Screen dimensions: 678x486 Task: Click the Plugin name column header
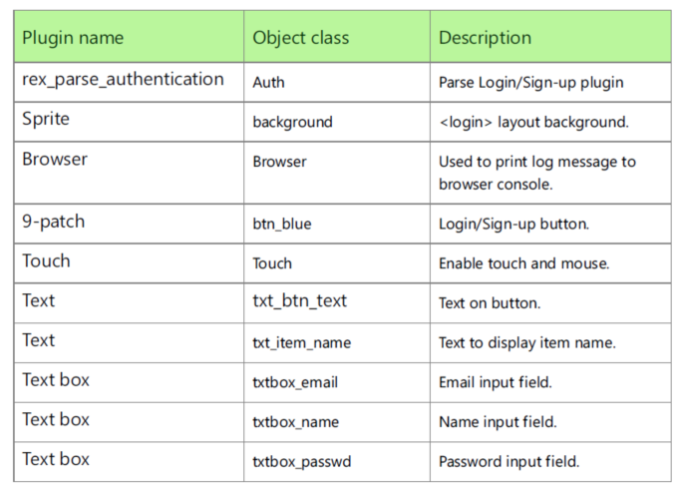tap(73, 38)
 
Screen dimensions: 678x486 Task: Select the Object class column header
tap(300, 38)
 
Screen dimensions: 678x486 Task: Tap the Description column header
tap(485, 38)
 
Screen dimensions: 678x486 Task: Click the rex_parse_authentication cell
tap(123, 79)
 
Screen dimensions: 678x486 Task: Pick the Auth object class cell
tap(268, 82)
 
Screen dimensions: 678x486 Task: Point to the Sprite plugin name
tap(46, 119)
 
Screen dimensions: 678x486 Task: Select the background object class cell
tap(292, 122)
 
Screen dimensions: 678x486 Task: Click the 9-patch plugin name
tap(53, 222)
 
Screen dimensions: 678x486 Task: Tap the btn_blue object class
tap(281, 225)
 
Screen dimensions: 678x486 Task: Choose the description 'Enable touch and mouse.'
tap(523, 263)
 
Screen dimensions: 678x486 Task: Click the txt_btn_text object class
tap(299, 300)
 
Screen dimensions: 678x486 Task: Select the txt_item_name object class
tap(301, 342)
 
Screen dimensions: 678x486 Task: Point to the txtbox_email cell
tap(295, 382)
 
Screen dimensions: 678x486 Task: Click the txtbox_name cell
tap(295, 422)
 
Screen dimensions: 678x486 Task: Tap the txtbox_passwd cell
tap(301, 462)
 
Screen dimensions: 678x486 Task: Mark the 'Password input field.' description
tap(508, 462)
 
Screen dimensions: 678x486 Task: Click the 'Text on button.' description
tap(490, 303)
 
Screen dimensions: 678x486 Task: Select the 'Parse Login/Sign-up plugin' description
tap(531, 82)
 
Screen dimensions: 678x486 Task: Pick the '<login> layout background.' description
tap(533, 122)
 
